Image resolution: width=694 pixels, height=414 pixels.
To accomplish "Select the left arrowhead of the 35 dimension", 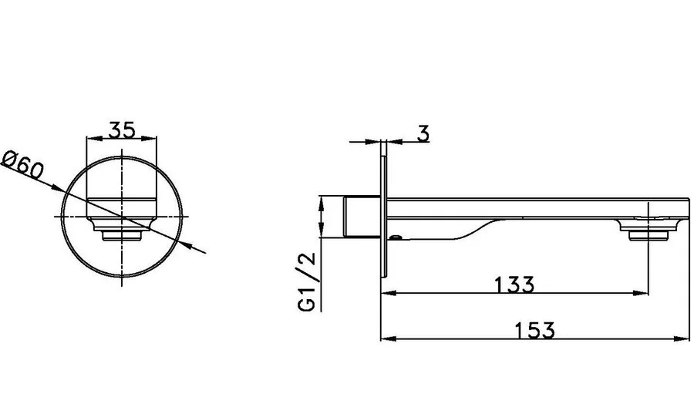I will coord(91,139).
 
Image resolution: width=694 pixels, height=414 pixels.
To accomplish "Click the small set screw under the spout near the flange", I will coord(396,239).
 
